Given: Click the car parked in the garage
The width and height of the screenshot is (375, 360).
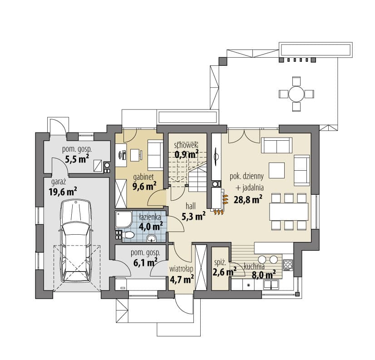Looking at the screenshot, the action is [76, 242].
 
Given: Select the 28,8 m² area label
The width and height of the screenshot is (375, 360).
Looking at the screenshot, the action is [248, 199].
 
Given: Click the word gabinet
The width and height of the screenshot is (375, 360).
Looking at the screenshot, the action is [143, 177].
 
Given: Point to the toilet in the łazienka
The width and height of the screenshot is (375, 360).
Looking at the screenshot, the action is [128, 235].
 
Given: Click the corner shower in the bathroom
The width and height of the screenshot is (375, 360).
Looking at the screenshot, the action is [123, 219].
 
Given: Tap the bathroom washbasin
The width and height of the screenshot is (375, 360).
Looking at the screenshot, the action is [151, 238].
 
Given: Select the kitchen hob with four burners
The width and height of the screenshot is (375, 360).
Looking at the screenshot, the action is [288, 265].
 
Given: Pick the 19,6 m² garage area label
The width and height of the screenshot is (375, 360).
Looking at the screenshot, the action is [63, 192].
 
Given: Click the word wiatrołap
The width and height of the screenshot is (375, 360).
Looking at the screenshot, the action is [181, 269].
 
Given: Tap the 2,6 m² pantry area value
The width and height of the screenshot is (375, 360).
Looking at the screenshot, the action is [224, 272].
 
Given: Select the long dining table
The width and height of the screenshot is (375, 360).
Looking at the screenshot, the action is [289, 212].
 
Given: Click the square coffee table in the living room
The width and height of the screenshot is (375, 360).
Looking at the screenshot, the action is [276, 170].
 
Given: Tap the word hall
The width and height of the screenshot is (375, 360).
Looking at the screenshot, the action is [191, 206].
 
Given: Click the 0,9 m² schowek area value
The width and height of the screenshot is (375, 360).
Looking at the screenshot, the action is [186, 154].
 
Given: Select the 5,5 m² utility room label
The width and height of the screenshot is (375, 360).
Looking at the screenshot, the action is [77, 159].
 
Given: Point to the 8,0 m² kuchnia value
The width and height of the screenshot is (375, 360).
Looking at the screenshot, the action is [264, 275].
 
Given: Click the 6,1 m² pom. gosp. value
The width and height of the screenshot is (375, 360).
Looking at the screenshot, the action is [145, 263].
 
